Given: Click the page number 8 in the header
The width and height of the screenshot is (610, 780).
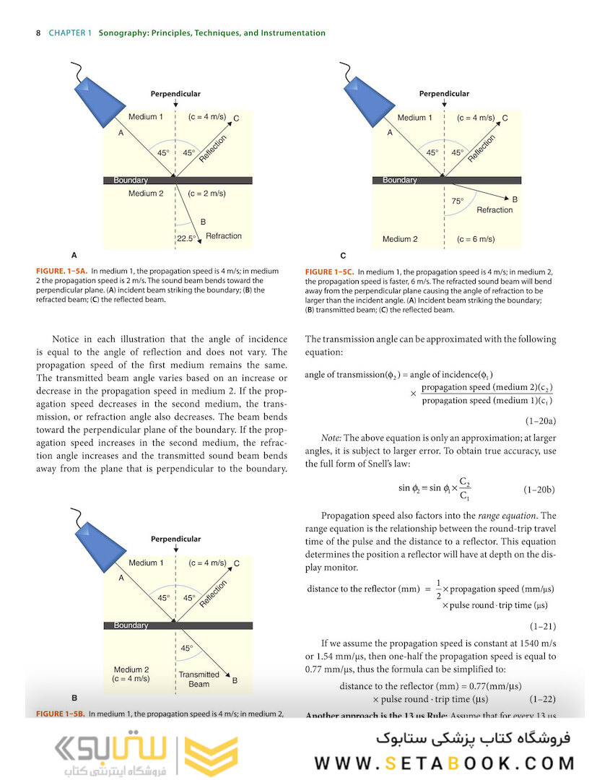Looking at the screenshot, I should pyautogui.click(x=37, y=33).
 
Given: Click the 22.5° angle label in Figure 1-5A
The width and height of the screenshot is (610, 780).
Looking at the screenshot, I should pyautogui.click(x=187, y=238).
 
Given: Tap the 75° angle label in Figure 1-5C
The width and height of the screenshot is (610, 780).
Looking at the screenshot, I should pyautogui.click(x=458, y=202).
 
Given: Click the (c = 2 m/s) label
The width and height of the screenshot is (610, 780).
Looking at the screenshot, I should pyautogui.click(x=207, y=194).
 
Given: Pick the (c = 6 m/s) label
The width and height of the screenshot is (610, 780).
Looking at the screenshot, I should pyautogui.click(x=476, y=239).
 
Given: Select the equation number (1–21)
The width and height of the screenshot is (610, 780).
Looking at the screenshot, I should pyautogui.click(x=543, y=626).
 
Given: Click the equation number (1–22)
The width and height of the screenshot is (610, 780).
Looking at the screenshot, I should pyautogui.click(x=543, y=699).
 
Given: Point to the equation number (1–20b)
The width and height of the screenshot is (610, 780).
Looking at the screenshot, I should pyautogui.click(x=539, y=490).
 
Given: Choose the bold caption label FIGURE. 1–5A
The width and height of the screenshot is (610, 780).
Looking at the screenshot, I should pyautogui.click(x=61, y=271).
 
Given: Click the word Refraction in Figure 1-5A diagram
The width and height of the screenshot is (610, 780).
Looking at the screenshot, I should pyautogui.click(x=224, y=236).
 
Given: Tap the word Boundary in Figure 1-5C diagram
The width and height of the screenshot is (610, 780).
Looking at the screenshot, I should pyautogui.click(x=399, y=180).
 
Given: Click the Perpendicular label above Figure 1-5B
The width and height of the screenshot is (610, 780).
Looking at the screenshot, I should pyautogui.click(x=175, y=539).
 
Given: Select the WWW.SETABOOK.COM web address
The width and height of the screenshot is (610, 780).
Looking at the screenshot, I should pyautogui.click(x=445, y=763).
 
